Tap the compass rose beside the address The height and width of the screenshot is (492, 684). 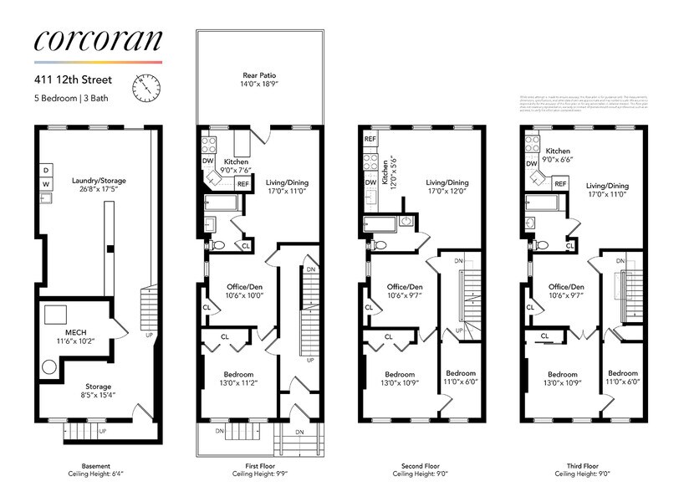[x=146, y=85]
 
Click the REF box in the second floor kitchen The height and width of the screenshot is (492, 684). [x=370, y=139]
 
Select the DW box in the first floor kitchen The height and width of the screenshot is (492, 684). [x=207, y=161]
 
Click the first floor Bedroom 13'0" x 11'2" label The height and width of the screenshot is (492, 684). [x=238, y=378]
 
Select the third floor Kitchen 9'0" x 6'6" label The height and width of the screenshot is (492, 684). [x=559, y=155]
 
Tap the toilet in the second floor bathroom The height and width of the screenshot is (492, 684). [x=380, y=245]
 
